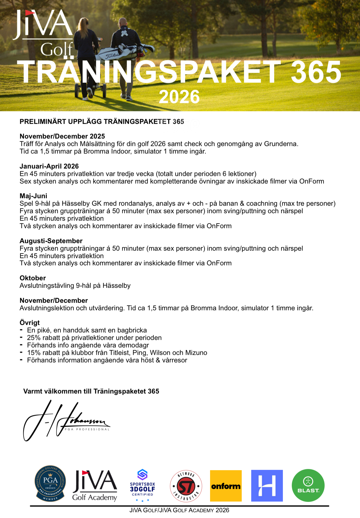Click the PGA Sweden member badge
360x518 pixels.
(x=50, y=483)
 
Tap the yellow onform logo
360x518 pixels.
(x=226, y=486)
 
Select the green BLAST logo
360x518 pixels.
(x=308, y=485)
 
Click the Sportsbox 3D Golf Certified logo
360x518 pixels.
(x=142, y=486)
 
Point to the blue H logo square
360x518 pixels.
(x=267, y=486)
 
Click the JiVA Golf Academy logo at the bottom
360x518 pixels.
(x=95, y=486)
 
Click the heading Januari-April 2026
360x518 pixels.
(x=49, y=166)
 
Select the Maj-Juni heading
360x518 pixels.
(x=33, y=196)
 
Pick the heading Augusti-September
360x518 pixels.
(x=51, y=241)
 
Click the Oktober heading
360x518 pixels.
(x=33, y=278)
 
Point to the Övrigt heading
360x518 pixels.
(x=30, y=323)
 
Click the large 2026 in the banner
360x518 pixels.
(x=179, y=97)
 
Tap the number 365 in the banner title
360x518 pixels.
(x=316, y=72)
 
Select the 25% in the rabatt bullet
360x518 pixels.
(x=34, y=338)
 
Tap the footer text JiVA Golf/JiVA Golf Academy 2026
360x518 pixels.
(x=179, y=510)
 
